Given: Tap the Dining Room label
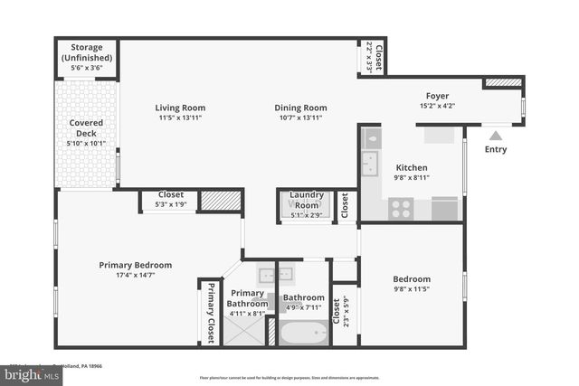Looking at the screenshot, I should pyautogui.click(x=300, y=108).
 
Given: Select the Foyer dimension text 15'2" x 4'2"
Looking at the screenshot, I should pyautogui.click(x=438, y=107).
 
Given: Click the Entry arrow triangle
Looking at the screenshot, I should pyautogui.click(x=495, y=135).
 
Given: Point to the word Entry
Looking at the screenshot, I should pyautogui.click(x=496, y=149).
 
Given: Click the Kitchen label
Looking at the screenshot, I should pyautogui.click(x=411, y=167).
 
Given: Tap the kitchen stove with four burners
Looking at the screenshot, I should pyautogui.click(x=401, y=209).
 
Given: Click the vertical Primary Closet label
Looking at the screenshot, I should pyautogui.click(x=211, y=313).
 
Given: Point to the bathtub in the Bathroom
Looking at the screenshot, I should pyautogui.click(x=303, y=334).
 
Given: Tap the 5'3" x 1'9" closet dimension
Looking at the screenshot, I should pyautogui.click(x=171, y=205).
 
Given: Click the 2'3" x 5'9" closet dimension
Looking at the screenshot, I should pyautogui.click(x=346, y=312).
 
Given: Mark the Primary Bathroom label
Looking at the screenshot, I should pyautogui.click(x=247, y=298).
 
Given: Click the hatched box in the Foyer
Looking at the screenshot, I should pyautogui.click(x=502, y=82).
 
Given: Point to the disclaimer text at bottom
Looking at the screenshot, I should pyautogui.click(x=289, y=378).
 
